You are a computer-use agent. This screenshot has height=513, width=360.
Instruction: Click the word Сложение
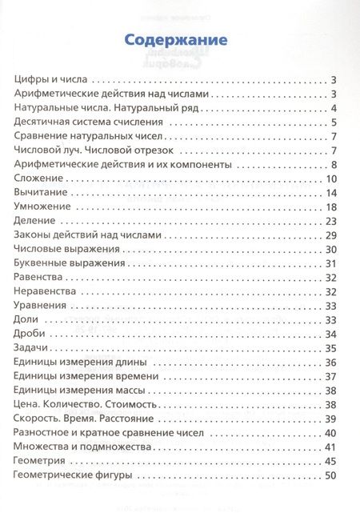click(38, 178)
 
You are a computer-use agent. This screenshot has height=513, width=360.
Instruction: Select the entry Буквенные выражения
click(66, 263)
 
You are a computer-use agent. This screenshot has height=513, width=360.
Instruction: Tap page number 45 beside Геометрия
click(334, 460)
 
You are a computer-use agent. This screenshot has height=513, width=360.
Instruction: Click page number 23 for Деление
click(334, 221)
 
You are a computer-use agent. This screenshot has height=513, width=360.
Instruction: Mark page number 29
click(334, 235)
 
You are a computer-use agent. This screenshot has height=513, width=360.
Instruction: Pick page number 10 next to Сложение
click(334, 178)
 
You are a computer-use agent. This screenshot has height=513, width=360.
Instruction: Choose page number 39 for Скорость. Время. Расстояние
click(334, 418)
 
